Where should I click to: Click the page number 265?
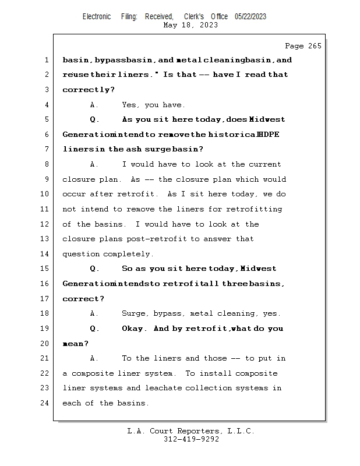(x=315, y=46)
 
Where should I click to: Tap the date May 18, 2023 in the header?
(x=191, y=25)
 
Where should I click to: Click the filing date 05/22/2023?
(x=250, y=16)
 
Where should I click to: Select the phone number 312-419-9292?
(x=191, y=439)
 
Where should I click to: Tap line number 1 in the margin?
(x=47, y=60)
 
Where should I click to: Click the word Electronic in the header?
(x=97, y=16)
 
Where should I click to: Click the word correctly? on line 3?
(x=88, y=90)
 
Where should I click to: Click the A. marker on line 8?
(x=95, y=164)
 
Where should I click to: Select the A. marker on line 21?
(x=95, y=358)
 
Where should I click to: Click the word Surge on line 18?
(x=132, y=313)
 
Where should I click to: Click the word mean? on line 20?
(x=75, y=344)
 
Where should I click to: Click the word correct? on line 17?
(x=83, y=299)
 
